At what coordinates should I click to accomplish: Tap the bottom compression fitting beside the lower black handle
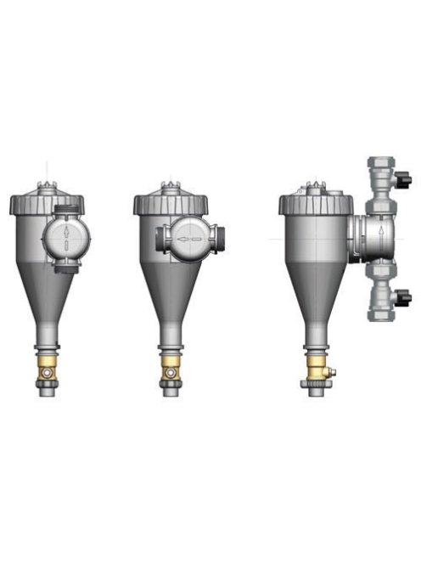point(381,310)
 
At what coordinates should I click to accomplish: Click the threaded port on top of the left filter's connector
point(66,207)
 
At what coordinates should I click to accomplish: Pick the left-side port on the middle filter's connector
point(159,240)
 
